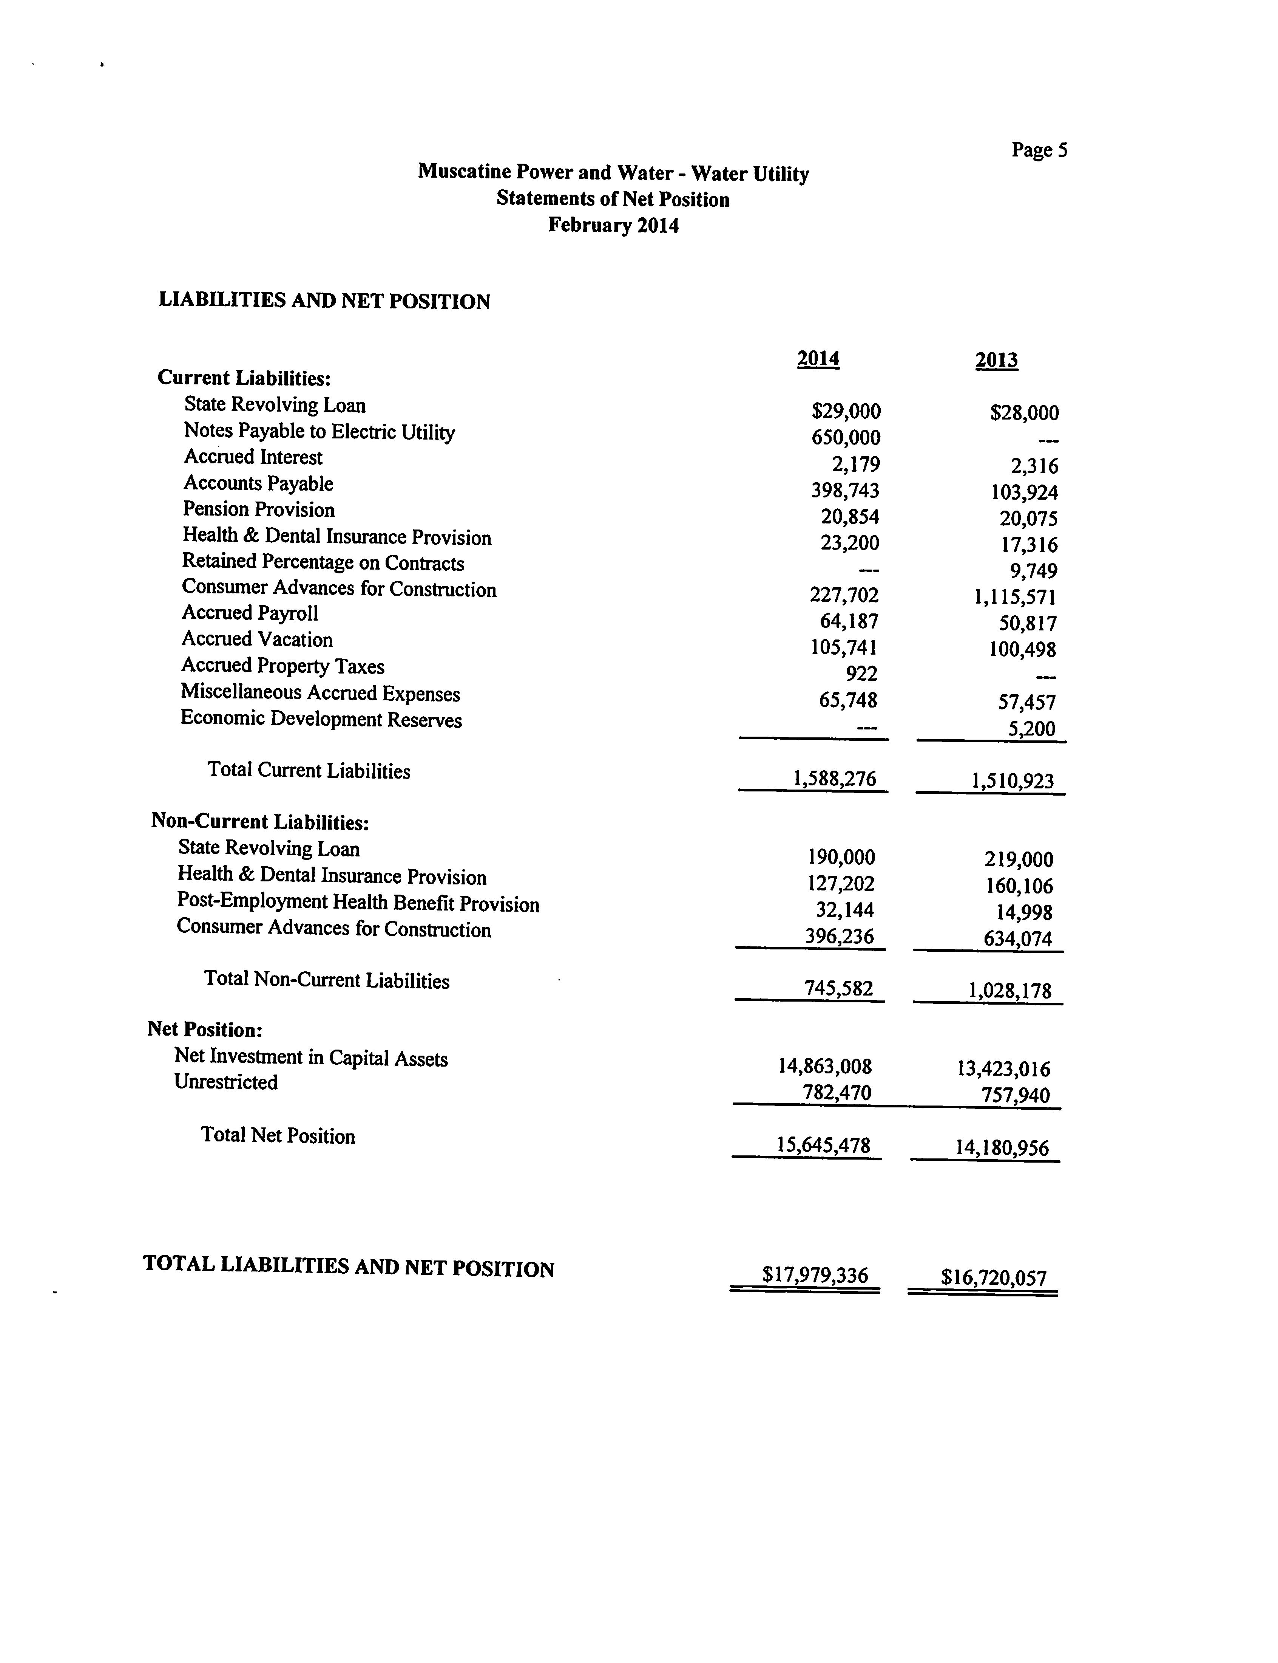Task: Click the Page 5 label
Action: click(x=1039, y=150)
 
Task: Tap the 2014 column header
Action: click(x=818, y=358)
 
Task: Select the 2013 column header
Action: click(x=997, y=360)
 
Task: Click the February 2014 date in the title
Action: click(x=613, y=225)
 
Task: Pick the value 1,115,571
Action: click(x=1015, y=598)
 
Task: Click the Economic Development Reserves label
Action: click(x=321, y=719)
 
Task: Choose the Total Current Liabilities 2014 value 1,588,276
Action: click(x=835, y=779)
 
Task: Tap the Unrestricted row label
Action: click(x=226, y=1082)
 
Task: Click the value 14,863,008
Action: click(x=824, y=1066)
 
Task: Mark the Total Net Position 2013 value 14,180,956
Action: click(x=1002, y=1148)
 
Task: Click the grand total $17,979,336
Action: click(x=815, y=1275)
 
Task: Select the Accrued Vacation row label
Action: click(x=257, y=639)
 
